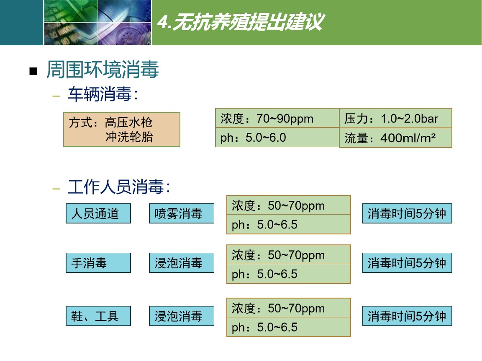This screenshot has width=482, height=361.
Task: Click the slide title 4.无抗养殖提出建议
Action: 241,22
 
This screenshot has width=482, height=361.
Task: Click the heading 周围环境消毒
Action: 103,69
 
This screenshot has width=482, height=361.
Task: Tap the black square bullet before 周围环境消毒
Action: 33,71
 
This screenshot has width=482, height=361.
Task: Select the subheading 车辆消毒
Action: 103,94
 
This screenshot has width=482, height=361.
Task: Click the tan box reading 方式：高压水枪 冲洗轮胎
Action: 122,130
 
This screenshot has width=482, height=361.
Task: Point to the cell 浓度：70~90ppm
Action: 277,118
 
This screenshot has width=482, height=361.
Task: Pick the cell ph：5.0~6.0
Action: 277,138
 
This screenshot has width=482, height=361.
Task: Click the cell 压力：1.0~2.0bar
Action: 396,118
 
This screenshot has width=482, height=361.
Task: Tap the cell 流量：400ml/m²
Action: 396,138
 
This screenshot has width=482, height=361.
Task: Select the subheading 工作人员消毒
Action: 119,187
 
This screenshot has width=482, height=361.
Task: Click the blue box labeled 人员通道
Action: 98,213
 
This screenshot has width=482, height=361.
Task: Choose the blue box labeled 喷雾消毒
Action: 182,213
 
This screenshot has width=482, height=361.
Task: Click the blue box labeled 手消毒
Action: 98,263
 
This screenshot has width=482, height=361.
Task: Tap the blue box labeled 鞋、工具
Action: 98,316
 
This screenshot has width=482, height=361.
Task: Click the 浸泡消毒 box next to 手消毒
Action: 182,263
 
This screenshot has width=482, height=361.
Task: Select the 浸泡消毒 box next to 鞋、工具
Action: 182,316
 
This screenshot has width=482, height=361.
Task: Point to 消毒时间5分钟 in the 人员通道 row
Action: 407,213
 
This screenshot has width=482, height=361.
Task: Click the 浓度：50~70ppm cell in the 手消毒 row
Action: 289,255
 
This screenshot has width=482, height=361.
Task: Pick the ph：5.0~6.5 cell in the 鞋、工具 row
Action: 289,327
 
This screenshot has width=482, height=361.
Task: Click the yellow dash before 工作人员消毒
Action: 56,189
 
